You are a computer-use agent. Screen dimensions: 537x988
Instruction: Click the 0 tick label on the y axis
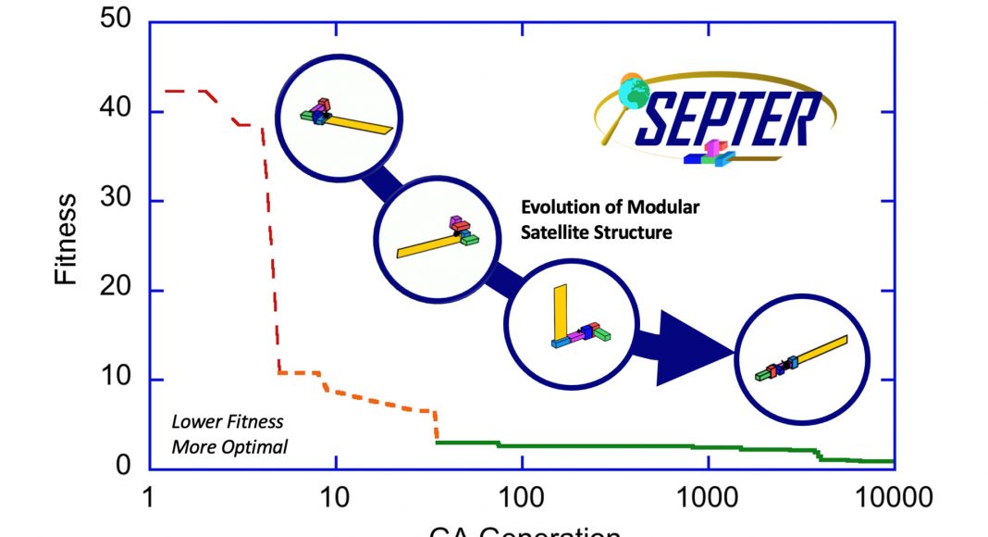tap(125, 464)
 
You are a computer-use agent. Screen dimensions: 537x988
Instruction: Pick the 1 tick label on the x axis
tap(148, 498)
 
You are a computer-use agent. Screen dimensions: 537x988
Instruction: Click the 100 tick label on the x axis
tap(522, 498)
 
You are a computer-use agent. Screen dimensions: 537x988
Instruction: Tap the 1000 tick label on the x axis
tap(708, 498)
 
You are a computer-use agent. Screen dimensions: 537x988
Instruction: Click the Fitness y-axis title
tap(67, 238)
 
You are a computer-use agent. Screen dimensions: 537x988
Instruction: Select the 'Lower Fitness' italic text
tap(214, 422)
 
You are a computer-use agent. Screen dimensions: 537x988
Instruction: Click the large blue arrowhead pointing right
tap(694, 349)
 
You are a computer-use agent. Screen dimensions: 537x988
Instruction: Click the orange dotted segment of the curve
tap(379, 404)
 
